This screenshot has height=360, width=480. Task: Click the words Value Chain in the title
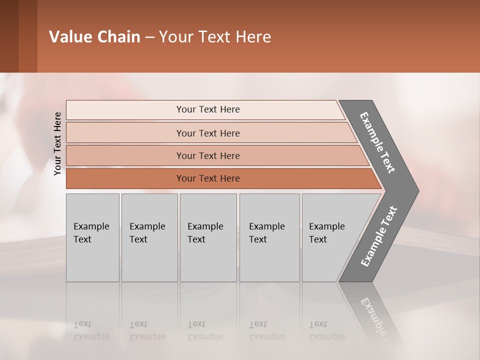[94, 37]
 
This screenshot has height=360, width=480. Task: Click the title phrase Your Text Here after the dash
[215, 37]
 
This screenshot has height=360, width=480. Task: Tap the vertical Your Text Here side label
[57, 143]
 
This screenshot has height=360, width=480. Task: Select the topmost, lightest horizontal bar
[125, 110]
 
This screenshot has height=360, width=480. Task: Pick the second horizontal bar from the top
[125, 133]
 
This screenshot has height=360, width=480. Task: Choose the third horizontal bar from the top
[125, 155]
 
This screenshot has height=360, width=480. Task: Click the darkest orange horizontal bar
[125, 178]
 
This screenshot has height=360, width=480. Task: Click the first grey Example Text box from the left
[92, 237]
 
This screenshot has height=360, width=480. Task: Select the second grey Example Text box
[149, 237]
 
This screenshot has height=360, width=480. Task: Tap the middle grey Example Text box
[208, 237]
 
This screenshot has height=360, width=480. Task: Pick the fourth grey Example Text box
[269, 237]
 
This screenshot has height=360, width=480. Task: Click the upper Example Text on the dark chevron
[377, 142]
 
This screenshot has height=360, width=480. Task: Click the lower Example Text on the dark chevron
[378, 236]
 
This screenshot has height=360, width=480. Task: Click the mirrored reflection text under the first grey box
[91, 330]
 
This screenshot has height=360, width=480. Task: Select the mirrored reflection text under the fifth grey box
[326, 330]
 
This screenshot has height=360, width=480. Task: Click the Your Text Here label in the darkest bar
[208, 178]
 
